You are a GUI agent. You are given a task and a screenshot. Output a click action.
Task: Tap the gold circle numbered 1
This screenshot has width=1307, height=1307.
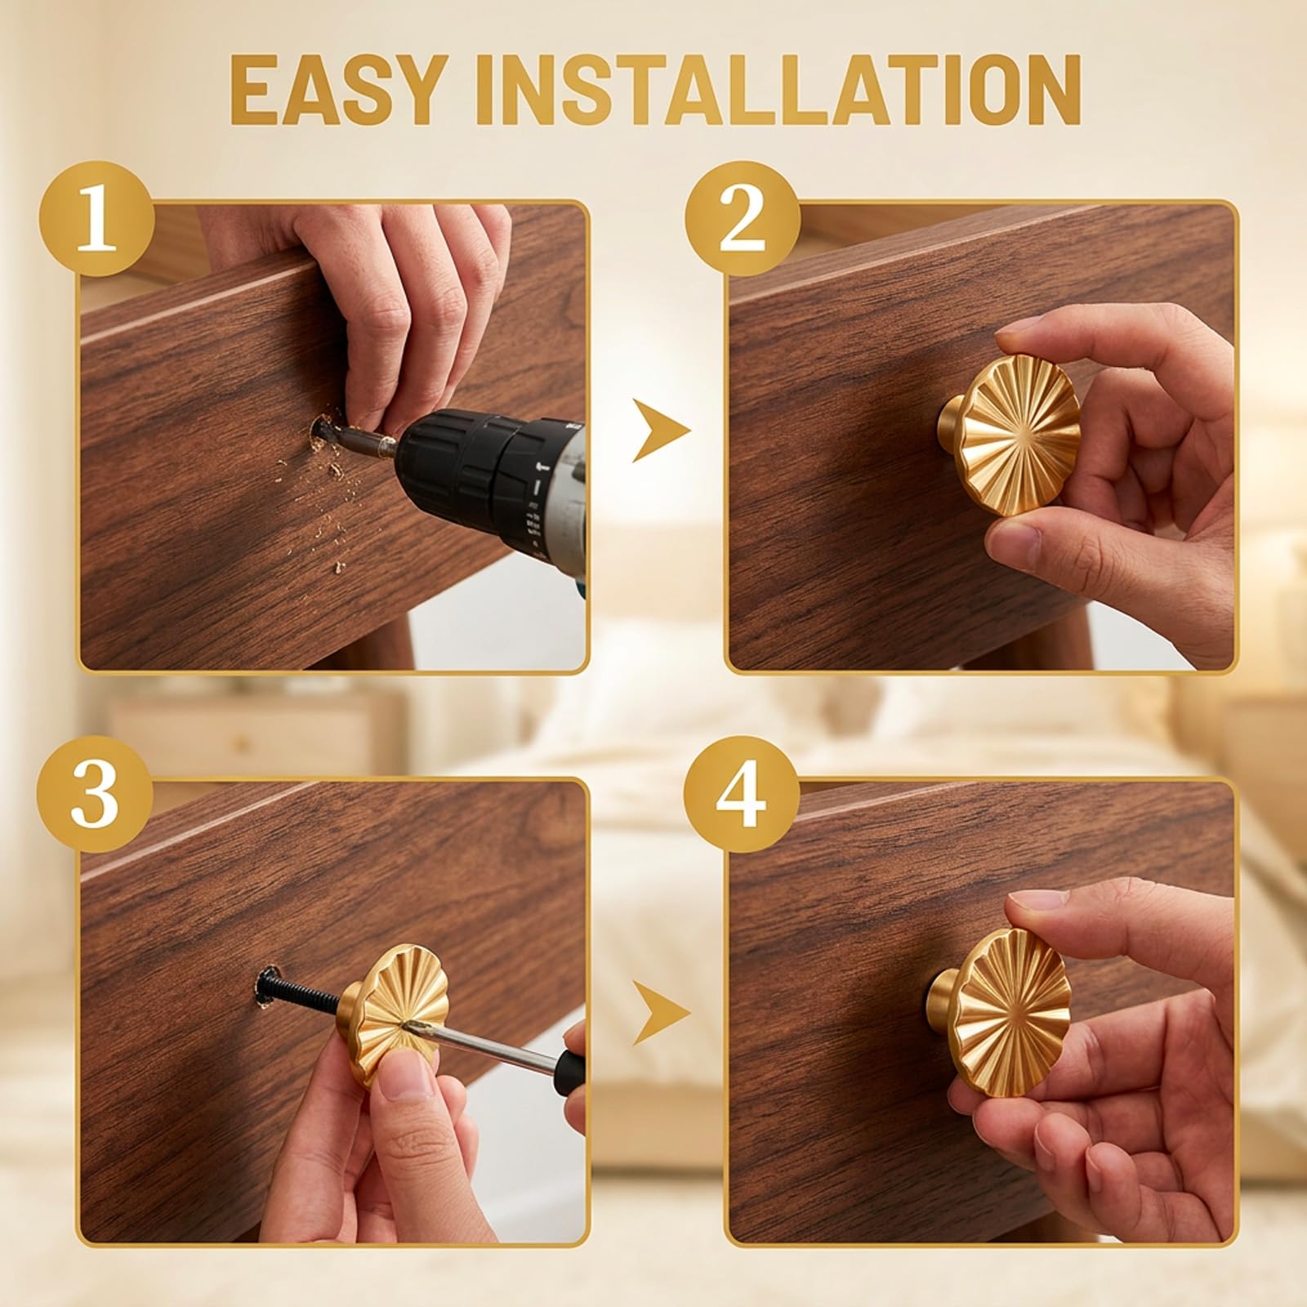[96, 218]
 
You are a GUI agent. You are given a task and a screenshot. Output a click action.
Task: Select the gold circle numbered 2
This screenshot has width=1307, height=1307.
[742, 218]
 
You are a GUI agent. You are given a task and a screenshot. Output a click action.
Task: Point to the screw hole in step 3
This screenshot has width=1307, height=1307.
[263, 985]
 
